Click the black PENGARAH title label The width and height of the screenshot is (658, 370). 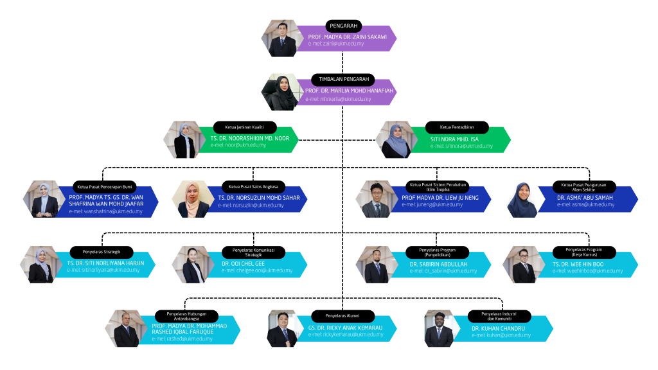[343, 26]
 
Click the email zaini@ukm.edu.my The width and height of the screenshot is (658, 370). [336, 44]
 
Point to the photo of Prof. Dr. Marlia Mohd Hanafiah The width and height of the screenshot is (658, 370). [280, 92]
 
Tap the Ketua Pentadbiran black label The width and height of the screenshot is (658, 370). [456, 127]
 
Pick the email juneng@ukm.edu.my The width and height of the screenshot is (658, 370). [432, 205]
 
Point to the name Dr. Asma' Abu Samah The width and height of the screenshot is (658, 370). [586, 198]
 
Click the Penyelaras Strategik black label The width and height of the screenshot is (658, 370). [102, 251]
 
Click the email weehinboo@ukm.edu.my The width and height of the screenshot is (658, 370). [587, 271]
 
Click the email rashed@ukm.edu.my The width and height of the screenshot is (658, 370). [182, 339]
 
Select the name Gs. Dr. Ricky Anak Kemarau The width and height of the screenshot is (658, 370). [345, 328]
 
